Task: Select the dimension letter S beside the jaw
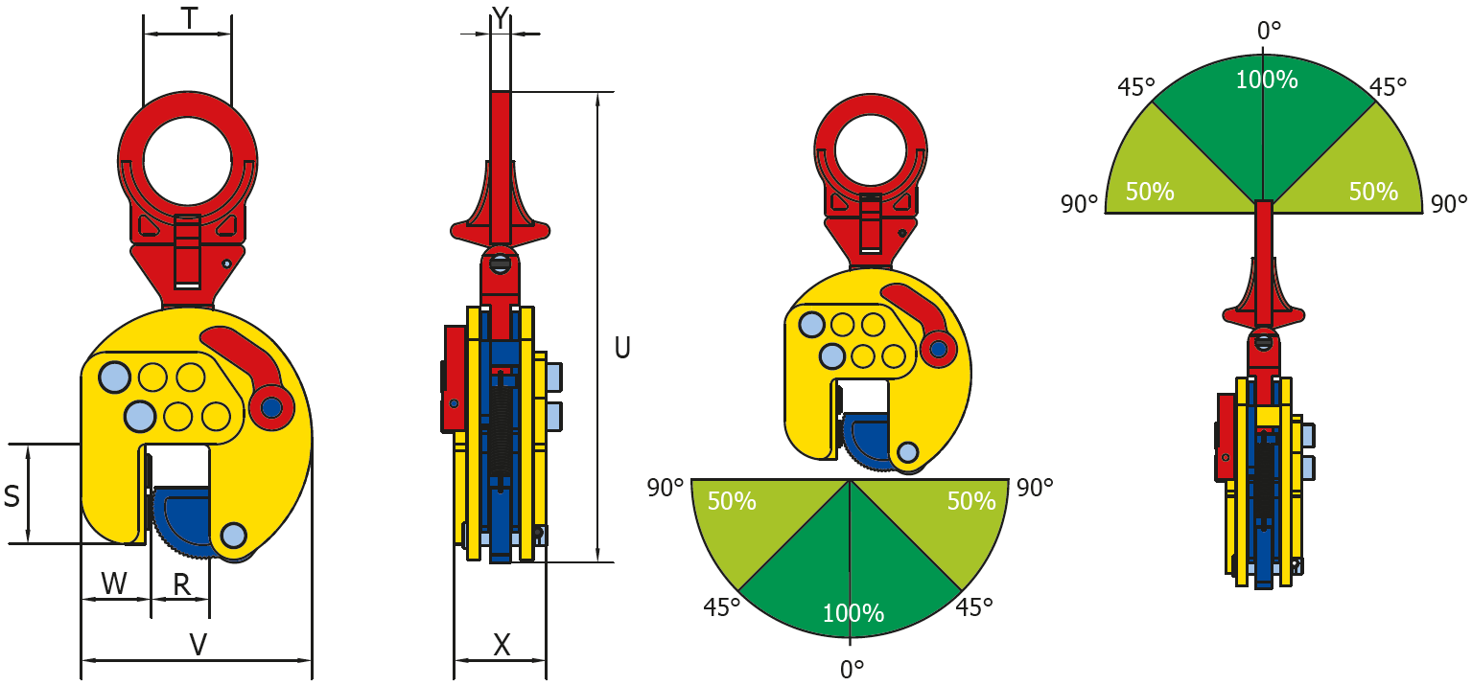coord(12,496)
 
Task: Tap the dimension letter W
coord(114,583)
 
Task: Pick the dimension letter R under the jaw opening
coord(181,583)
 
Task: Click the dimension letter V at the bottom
coord(198,645)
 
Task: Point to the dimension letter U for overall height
coord(622,348)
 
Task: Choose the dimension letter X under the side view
coord(502,645)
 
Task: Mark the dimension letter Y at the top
coord(499,16)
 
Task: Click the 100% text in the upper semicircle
coord(1266,80)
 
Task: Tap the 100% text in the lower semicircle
coord(853,613)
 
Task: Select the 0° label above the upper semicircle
coord(1269,31)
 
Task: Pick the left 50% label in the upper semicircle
coord(1150,192)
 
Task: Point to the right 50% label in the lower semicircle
coord(971,501)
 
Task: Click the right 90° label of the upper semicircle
coord(1448,203)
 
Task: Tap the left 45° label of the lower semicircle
coord(721,607)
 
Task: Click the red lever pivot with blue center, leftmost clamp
coord(271,407)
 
